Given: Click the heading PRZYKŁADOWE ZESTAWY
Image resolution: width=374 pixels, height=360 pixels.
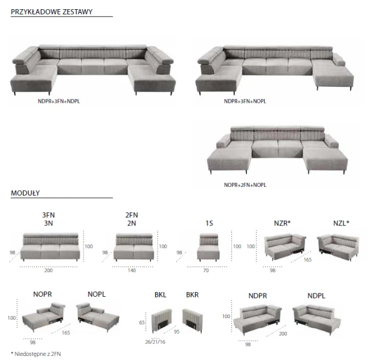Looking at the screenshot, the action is click(x=52, y=12).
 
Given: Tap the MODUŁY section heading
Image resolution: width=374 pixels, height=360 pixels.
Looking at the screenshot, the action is click(x=25, y=193).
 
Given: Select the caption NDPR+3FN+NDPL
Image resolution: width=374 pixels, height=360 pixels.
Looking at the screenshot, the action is click(x=59, y=101).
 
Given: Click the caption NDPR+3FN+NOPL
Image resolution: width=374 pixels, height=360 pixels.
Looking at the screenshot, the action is click(x=245, y=101).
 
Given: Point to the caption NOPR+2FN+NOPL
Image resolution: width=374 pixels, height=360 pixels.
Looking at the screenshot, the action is click(x=245, y=185).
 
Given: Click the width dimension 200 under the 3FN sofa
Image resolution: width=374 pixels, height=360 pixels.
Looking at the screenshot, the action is click(x=48, y=270).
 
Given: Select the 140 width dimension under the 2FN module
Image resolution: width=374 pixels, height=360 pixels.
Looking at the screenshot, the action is click(x=132, y=270).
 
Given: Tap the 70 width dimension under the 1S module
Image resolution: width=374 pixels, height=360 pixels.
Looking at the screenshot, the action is click(x=206, y=270).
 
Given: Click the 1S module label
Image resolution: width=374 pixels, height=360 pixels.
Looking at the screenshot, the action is click(x=209, y=223).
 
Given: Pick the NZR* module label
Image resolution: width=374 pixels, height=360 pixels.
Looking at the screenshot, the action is click(x=282, y=223).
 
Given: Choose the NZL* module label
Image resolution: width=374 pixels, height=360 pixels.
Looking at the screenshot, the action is click(x=341, y=223).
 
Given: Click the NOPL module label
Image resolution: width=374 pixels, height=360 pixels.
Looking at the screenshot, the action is click(x=97, y=294).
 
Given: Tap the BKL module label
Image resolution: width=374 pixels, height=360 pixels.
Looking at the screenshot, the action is click(x=161, y=295).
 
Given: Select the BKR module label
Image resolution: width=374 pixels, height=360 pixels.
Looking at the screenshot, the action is click(x=192, y=295).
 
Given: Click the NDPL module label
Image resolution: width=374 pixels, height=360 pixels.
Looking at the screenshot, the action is click(x=316, y=296).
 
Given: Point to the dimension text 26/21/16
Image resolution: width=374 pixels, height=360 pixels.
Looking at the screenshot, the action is click(x=155, y=342).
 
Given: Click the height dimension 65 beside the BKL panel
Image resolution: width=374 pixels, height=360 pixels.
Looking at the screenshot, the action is click(x=142, y=323).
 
